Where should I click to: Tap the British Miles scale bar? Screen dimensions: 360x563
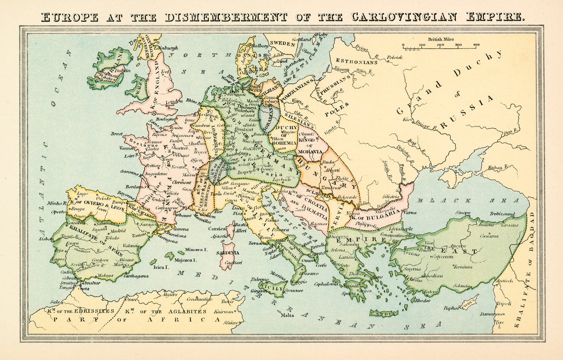point(440,46)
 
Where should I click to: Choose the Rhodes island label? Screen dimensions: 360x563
point(423,300)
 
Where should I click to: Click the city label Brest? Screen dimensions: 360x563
point(117,134)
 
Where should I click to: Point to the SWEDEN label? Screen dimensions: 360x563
point(282,43)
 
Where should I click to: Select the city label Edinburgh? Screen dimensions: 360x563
point(165,48)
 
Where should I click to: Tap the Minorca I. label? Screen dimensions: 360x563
point(196,250)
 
